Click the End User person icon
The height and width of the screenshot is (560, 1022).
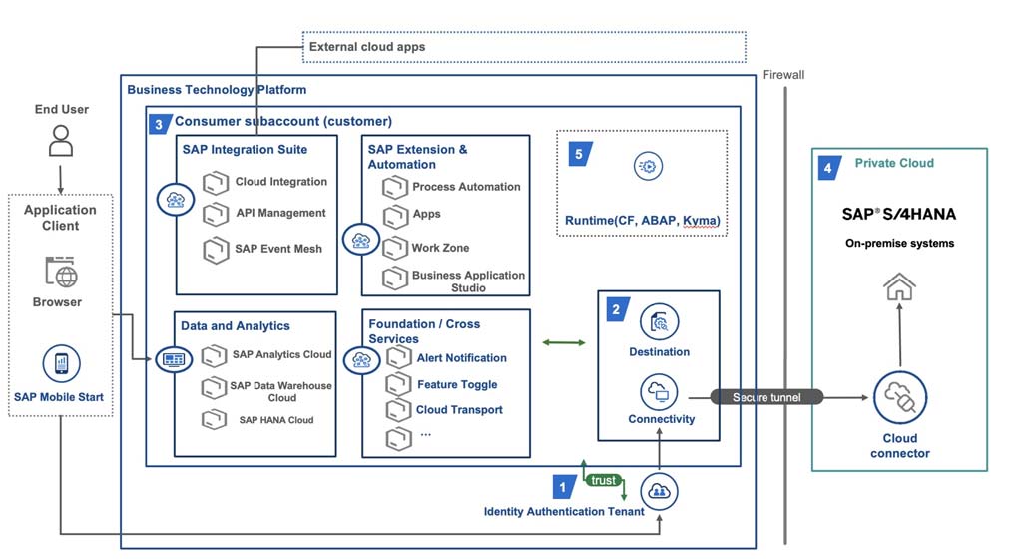(61, 140)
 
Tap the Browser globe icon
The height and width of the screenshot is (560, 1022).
(61, 272)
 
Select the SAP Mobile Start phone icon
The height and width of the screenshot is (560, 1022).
(61, 363)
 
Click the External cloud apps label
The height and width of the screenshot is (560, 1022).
(367, 47)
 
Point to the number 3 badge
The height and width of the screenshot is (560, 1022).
(159, 124)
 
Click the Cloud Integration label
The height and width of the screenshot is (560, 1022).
(280, 182)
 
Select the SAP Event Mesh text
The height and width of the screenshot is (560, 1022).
(278, 249)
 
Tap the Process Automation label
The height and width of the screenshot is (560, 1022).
(466, 187)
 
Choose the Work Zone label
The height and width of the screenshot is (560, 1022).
(440, 248)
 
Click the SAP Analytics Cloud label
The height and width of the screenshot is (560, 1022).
(281, 354)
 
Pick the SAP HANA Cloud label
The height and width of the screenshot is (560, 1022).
(276, 420)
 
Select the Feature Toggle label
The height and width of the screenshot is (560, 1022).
(457, 384)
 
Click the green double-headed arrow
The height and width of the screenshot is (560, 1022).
(563, 342)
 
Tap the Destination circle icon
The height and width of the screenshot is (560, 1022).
(659, 322)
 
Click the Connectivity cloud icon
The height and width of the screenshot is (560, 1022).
(659, 392)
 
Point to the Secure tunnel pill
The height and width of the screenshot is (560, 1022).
(766, 397)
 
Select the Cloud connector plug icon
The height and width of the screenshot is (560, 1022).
(899, 397)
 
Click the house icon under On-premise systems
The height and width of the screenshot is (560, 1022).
(899, 286)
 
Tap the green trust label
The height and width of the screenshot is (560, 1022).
(603, 480)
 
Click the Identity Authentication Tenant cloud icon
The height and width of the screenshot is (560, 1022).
(659, 491)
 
